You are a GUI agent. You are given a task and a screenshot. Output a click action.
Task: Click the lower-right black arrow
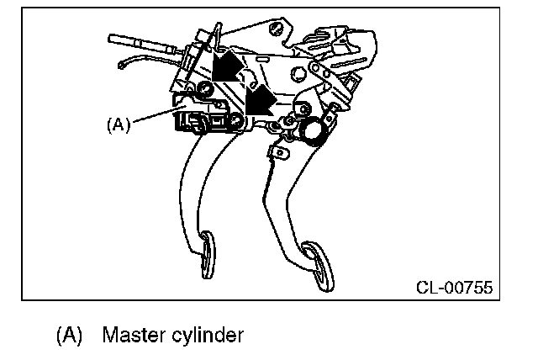click(261, 98)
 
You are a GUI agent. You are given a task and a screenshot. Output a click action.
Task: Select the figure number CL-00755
click(453, 287)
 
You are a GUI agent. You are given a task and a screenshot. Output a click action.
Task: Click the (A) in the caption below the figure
click(70, 336)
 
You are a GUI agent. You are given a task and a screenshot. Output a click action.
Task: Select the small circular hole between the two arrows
click(244, 81)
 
